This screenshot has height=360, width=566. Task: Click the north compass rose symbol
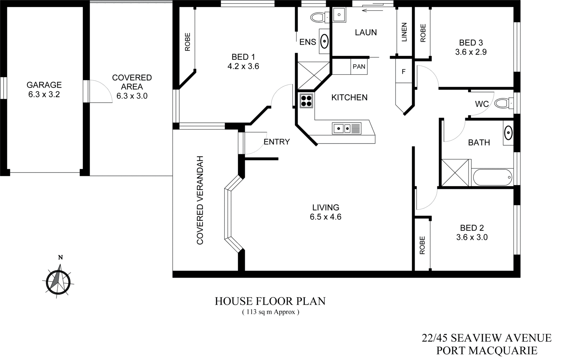(x=58, y=282)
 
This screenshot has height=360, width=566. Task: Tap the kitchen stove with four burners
(x=306, y=101)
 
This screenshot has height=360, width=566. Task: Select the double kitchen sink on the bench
(x=347, y=128)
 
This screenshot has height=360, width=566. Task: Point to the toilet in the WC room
(x=502, y=103)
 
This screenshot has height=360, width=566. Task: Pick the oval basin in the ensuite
(x=324, y=41)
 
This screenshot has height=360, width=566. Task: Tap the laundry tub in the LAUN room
(x=339, y=15)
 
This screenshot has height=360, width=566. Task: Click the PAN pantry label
(x=359, y=67)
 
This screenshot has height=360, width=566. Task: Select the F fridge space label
(x=403, y=72)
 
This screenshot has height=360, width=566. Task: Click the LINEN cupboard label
(x=404, y=32)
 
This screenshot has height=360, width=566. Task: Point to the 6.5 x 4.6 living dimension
(x=325, y=217)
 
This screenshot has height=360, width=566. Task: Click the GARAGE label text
(x=44, y=85)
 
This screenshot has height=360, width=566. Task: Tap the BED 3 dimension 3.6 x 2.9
(x=471, y=52)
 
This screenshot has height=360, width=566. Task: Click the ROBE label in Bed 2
(x=422, y=245)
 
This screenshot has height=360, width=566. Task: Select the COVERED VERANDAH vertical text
(x=200, y=200)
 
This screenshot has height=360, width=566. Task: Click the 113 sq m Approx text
(x=271, y=312)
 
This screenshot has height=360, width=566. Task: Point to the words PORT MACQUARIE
(x=487, y=350)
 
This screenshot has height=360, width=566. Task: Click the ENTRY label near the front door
(x=277, y=142)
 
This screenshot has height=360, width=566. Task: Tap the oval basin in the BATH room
(x=508, y=133)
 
